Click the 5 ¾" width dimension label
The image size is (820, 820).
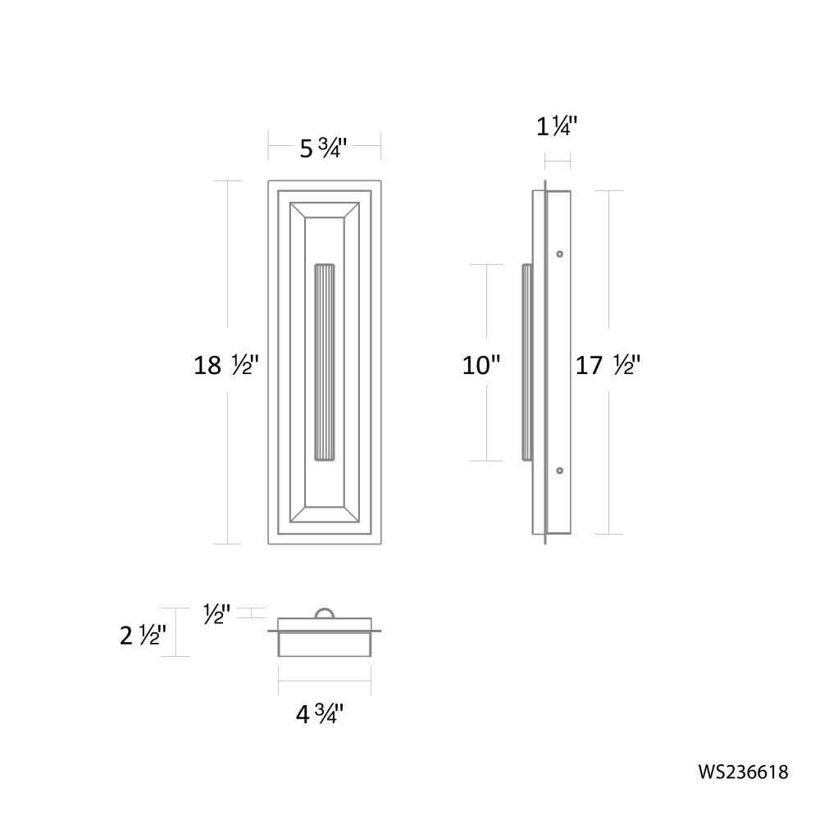pyautogui.click(x=324, y=149)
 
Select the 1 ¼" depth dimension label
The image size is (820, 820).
pyautogui.click(x=558, y=127)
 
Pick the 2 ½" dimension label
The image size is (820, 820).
pyautogui.click(x=143, y=635)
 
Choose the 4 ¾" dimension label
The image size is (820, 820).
pyautogui.click(x=319, y=714)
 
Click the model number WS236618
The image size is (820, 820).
pyautogui.click(x=743, y=772)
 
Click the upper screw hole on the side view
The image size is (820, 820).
pyautogui.click(x=559, y=254)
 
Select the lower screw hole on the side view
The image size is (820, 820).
pyautogui.click(x=559, y=471)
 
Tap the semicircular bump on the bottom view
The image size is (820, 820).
pyautogui.click(x=325, y=612)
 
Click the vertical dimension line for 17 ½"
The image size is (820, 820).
pyautogui.click(x=608, y=271)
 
